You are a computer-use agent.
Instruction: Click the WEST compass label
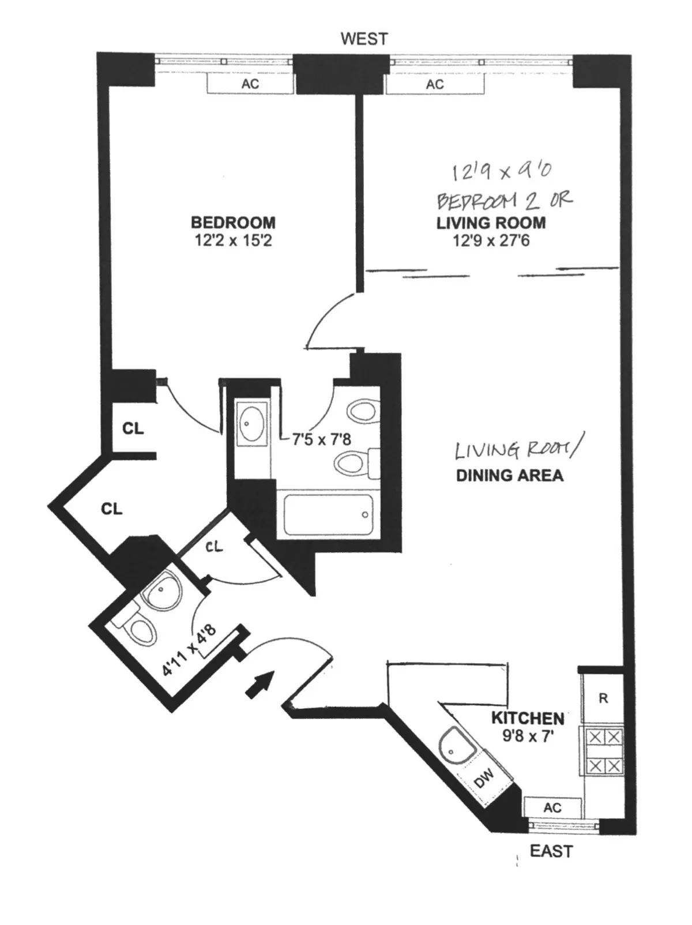364,39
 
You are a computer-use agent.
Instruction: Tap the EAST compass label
551,851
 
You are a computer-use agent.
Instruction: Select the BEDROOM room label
233,222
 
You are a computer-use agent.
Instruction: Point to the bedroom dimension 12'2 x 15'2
233,240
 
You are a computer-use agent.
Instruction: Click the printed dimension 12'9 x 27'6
491,240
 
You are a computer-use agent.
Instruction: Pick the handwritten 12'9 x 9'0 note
501,171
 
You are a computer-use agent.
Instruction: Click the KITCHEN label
528,719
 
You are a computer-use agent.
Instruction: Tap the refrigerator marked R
603,699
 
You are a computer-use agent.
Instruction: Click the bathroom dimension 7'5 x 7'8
321,439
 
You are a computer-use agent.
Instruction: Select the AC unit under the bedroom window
250,84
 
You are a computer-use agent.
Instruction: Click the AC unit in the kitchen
552,808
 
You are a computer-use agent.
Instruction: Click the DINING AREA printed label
510,476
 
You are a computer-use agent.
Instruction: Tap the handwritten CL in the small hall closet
214,546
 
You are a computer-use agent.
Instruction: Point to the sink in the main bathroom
251,424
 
